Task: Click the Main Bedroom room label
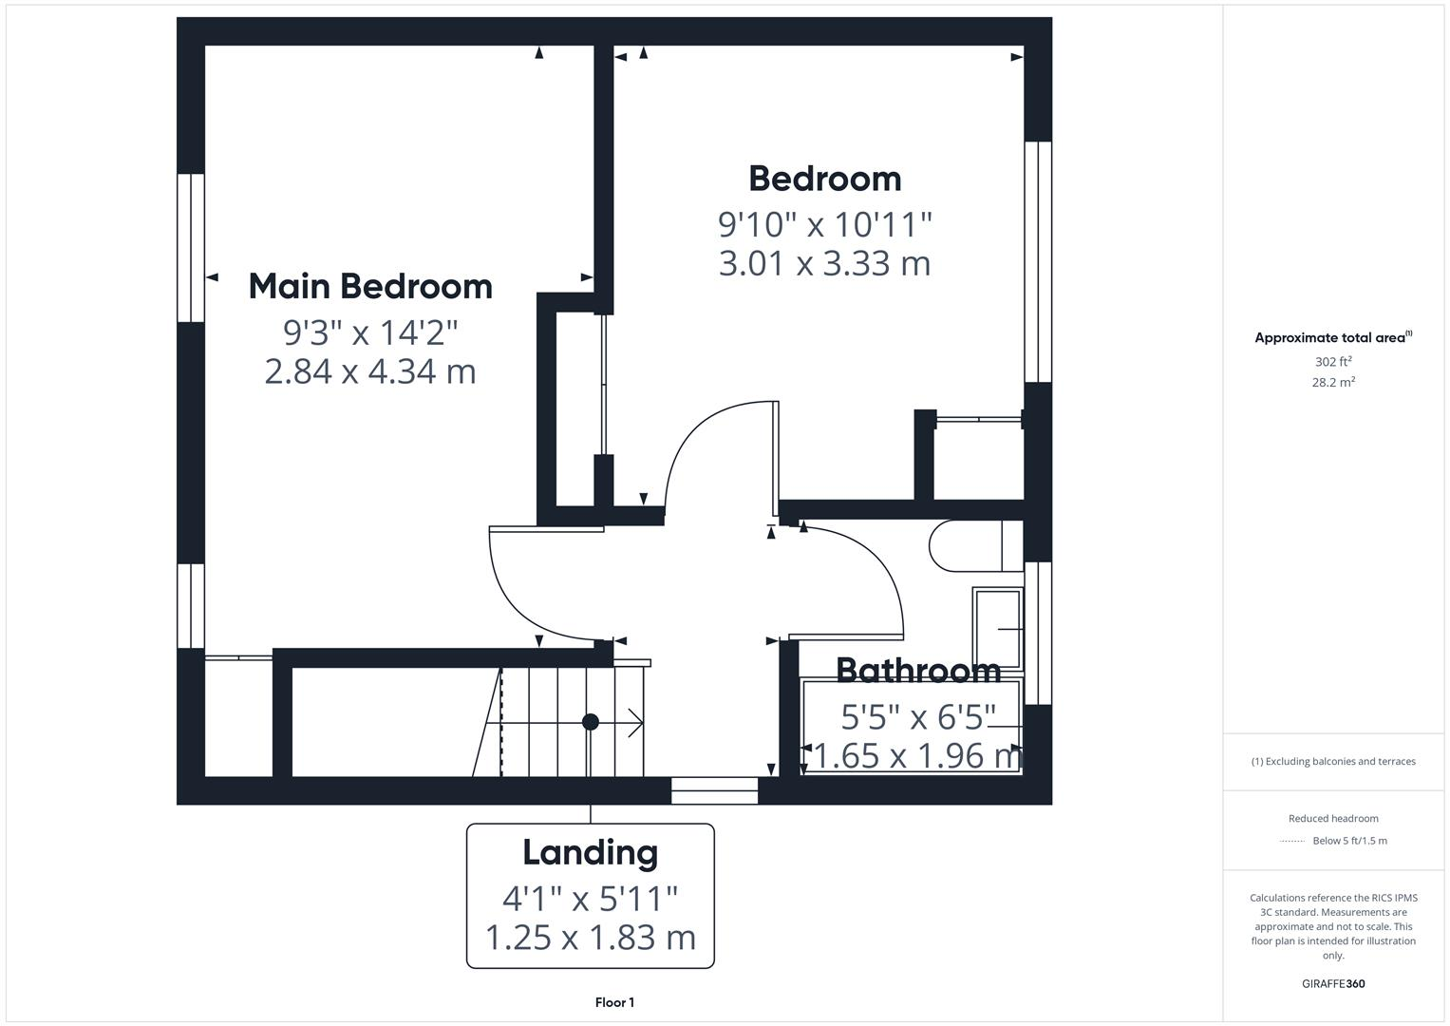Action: (370, 287)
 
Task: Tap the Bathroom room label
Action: (917, 671)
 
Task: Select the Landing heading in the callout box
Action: (590, 852)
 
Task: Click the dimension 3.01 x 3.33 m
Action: (824, 263)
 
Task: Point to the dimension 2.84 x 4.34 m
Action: (370, 371)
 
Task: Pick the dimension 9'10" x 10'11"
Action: (824, 225)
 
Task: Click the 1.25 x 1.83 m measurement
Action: (590, 938)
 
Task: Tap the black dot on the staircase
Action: (591, 722)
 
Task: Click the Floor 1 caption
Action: (614, 1002)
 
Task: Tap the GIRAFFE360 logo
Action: (1333, 983)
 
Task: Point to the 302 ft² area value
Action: (1333, 362)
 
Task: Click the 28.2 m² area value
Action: (1333, 383)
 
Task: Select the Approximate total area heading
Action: (1331, 338)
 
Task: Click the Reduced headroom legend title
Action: (1333, 819)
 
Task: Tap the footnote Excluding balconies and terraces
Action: (1333, 762)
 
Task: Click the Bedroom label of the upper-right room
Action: (824, 180)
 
